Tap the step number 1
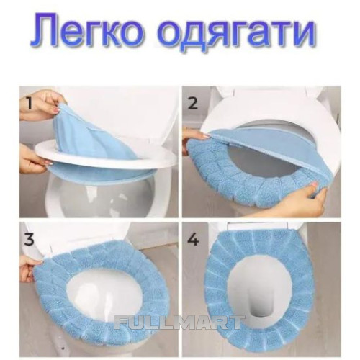click(30, 104)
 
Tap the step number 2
click(193, 104)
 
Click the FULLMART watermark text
click(178, 322)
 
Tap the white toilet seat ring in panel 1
click(106, 153)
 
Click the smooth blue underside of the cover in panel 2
click(240, 143)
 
